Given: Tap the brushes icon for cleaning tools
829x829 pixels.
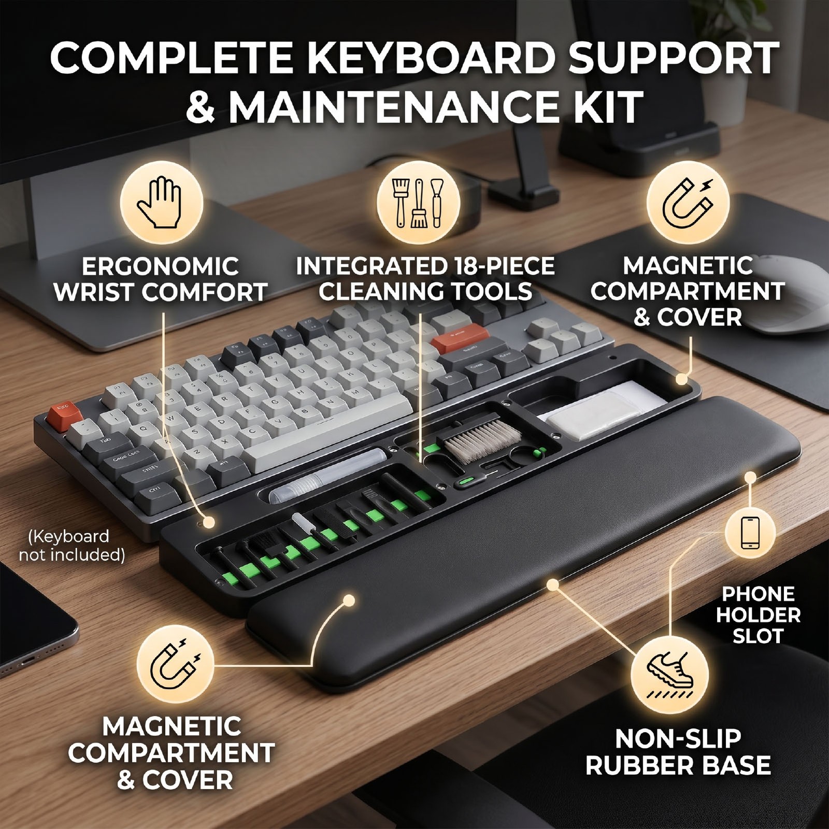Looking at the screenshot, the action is pyautogui.click(x=418, y=203).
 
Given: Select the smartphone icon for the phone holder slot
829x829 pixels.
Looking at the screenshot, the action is pyautogui.click(x=750, y=533).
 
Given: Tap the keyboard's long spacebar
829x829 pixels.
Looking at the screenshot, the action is pyautogui.click(x=332, y=434).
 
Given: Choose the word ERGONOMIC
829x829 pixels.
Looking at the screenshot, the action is pyautogui.click(x=160, y=267).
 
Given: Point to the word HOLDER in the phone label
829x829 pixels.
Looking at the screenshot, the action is pyautogui.click(x=758, y=615).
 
